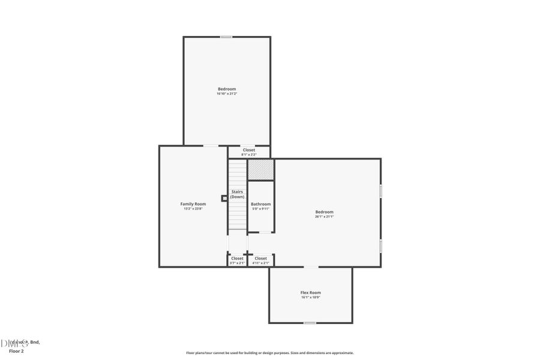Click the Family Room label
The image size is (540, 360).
193,204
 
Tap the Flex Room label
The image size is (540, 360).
310,292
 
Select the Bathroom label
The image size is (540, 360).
260,204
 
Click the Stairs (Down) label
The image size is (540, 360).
238,194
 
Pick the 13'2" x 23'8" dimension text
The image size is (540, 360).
193,209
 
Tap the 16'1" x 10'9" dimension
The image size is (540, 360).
310,297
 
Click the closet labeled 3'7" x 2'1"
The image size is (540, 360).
238,260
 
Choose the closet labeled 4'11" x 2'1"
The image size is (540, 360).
260,260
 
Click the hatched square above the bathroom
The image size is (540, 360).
261,169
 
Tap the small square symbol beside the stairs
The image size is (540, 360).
224,198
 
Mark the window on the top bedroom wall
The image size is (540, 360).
226,37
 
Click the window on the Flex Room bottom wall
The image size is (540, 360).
310,323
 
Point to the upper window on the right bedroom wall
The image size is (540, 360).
380,190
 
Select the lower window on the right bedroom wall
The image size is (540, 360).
380,246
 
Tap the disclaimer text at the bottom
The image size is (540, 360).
269,353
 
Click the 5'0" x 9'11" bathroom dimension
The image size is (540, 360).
260,209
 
